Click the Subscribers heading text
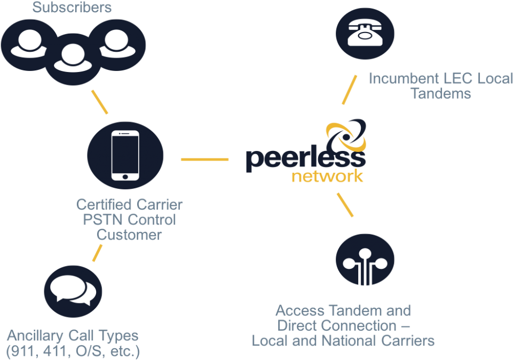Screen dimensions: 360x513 [x=72, y=7]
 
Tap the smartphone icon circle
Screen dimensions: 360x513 [x=125, y=155]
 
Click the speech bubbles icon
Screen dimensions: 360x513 [x=73, y=293]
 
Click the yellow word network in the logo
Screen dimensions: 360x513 [x=328, y=177]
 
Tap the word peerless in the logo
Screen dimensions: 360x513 [x=304, y=158]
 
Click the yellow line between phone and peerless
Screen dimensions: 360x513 [x=204, y=159]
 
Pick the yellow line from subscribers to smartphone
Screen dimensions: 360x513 [x=100, y=102]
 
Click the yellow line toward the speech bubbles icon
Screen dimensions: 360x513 [x=98, y=253]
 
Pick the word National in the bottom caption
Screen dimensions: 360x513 [x=356, y=341]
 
